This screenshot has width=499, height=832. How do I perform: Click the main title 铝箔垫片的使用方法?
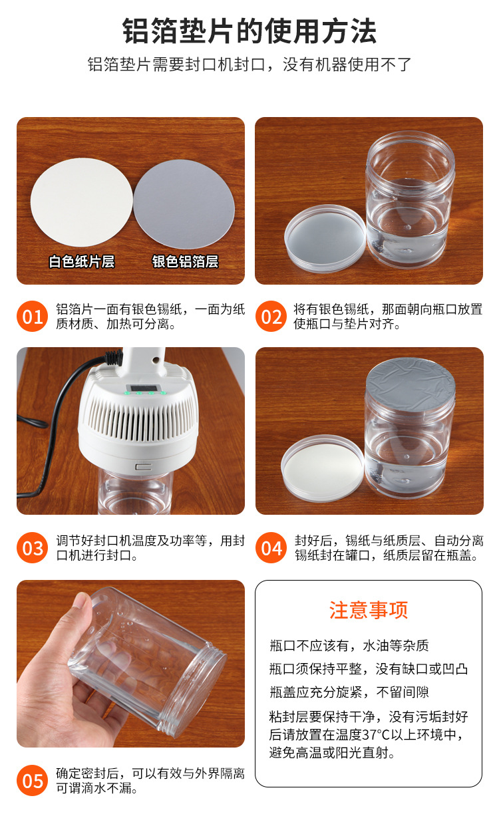pos(249,31)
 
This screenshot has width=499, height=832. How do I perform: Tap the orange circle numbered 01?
pos(33,317)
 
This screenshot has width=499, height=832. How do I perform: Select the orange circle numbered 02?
pos(271,317)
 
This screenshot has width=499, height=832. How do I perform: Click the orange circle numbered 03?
pos(33,548)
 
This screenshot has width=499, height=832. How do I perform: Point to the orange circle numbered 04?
pos(271,548)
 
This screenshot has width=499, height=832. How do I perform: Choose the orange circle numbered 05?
pos(33,780)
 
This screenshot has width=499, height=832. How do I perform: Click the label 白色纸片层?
pos(81,261)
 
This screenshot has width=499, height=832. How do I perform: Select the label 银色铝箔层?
pos(185,261)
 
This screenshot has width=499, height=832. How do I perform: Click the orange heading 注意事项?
pos(368,611)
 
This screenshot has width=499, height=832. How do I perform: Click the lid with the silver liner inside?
pos(324,237)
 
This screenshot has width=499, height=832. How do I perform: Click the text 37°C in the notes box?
pos(379,735)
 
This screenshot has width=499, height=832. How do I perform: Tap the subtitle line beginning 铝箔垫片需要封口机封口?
pos(249,65)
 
